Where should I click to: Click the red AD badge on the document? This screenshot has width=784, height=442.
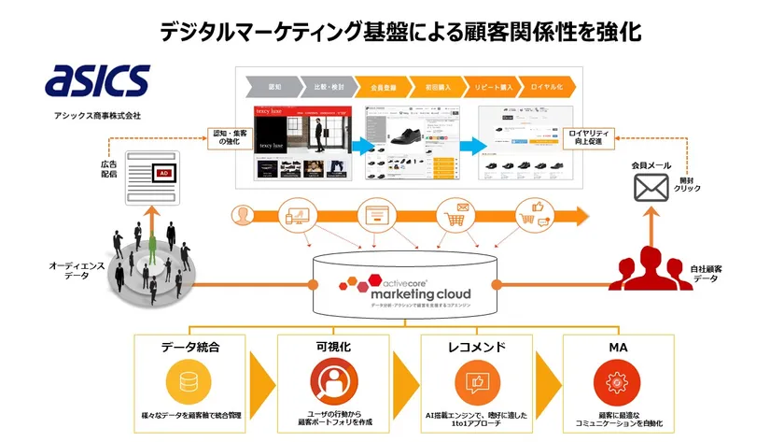165,174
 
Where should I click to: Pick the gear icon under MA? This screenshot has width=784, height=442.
616,383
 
